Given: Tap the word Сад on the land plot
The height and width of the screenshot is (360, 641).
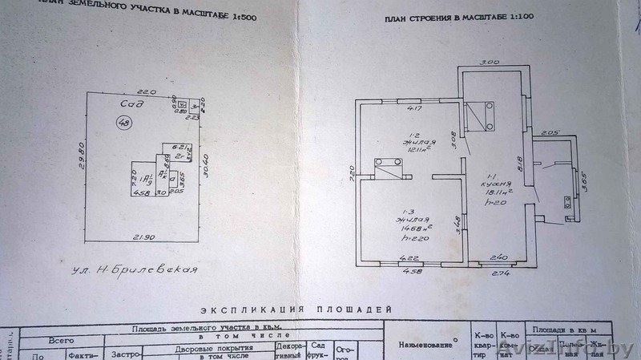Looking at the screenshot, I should [133, 103].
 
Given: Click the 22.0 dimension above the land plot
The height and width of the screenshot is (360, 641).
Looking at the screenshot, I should [144, 91].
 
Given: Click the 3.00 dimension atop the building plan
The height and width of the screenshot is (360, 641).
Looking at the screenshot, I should [490, 62].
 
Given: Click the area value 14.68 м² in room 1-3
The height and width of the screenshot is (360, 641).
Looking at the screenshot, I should [414, 227].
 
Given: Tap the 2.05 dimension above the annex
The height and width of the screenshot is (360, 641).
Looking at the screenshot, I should [549, 132].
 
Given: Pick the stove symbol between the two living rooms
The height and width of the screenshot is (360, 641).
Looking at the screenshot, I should [390, 167].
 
